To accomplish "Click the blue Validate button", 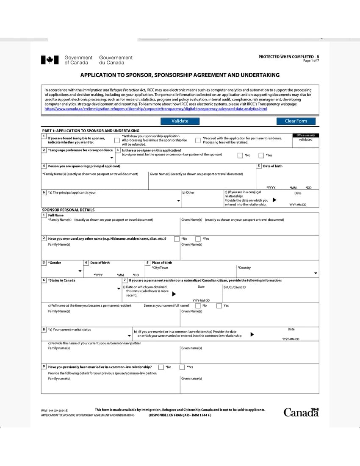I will tap(180, 121).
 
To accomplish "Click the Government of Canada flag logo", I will tap(50, 60).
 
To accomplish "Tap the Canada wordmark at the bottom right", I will tap(301, 412).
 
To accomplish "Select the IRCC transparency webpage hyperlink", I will tap(155, 109).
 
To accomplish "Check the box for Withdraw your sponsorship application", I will tap(117, 140).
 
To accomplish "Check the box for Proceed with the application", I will tap(198, 140).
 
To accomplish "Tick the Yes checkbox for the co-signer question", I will tap(261, 155).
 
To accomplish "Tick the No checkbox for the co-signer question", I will tap(240, 155).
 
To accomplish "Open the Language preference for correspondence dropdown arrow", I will tap(112, 158).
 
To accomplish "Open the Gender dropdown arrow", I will tap(80, 271).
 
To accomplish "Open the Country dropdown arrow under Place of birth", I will tap(316, 273).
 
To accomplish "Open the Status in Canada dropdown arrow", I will tap(119, 288).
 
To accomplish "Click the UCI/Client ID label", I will tap(234, 287).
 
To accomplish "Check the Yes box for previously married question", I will tap(182, 367).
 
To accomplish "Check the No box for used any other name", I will tap(177, 239).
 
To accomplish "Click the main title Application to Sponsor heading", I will tap(180, 75).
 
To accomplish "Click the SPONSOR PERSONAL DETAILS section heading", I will tap(68, 210).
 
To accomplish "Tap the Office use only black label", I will tap(305, 135).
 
